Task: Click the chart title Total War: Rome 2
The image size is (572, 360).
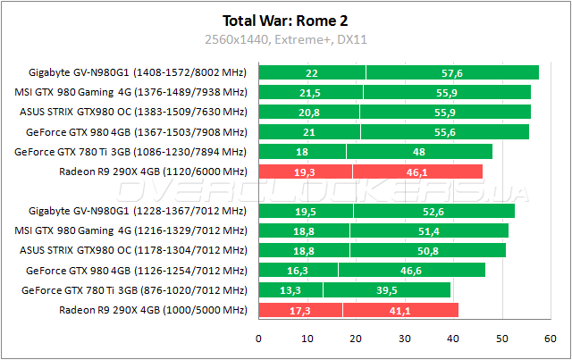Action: coord(286,19)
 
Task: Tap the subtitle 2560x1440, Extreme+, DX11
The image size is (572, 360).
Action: coord(286,39)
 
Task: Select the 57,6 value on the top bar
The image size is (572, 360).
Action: coord(452,73)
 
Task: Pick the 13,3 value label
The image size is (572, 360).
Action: coord(290,290)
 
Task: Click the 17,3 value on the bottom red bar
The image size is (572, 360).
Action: coord(300,310)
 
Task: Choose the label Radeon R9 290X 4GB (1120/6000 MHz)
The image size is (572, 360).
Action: coord(153,172)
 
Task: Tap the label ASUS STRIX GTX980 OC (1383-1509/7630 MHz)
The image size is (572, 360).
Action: coord(133,113)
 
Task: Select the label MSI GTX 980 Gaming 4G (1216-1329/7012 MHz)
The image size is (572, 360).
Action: coord(131,231)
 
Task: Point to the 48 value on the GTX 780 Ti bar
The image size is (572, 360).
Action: coord(418,152)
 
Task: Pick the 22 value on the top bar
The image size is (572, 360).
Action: coord(312,73)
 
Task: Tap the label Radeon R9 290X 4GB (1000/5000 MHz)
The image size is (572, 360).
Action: coord(153,310)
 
